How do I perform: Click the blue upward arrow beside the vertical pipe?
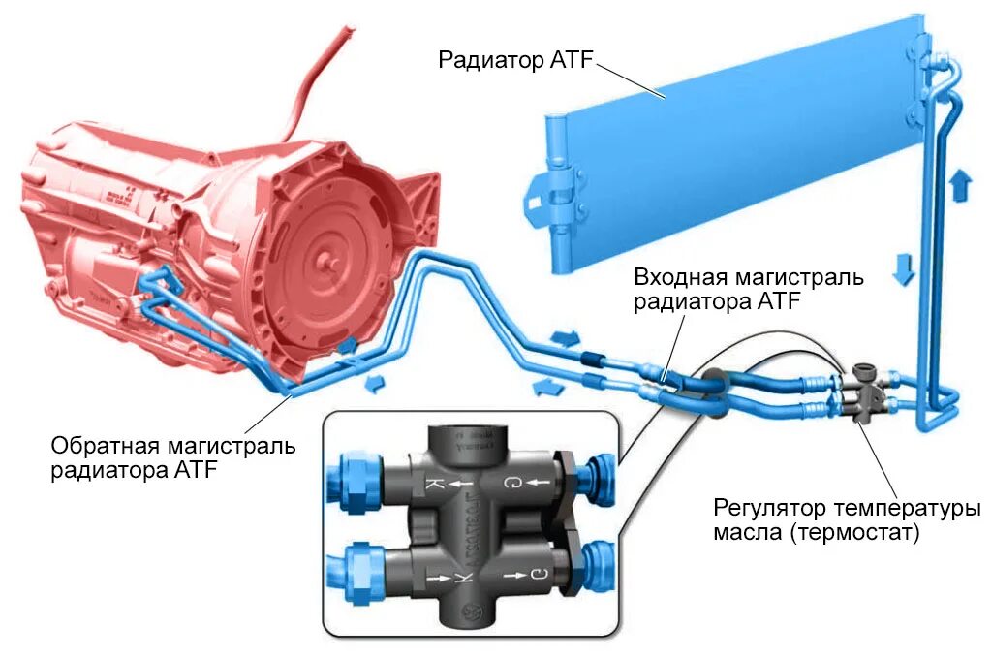[x=960, y=184]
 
